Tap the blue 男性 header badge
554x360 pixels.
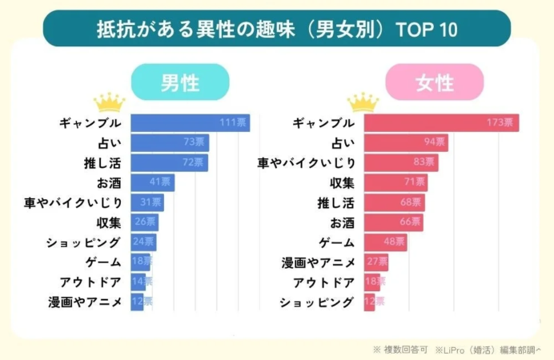(180, 82)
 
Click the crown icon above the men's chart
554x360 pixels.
(110, 102)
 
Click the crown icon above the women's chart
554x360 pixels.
(363, 102)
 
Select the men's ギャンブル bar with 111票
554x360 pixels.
(190, 123)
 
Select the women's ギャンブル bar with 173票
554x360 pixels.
(442, 123)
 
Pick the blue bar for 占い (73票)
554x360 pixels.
(170, 143)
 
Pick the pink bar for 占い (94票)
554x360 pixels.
(406, 143)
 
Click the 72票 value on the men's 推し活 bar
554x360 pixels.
(195, 163)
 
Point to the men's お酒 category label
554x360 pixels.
(108, 182)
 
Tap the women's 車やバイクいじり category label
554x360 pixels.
(305, 163)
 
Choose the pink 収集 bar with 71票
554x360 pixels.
(395, 183)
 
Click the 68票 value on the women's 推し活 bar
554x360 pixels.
(411, 202)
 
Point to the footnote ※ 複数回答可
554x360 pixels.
(400, 350)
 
